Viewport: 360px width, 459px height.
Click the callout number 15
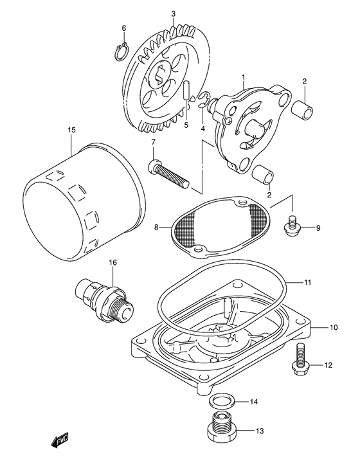(x=72, y=130)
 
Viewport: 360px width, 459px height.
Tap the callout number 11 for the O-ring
(x=325, y=282)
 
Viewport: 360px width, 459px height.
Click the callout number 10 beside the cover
(x=334, y=328)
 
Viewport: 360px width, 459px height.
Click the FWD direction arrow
(x=60, y=441)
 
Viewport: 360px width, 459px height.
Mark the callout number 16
(x=113, y=262)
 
